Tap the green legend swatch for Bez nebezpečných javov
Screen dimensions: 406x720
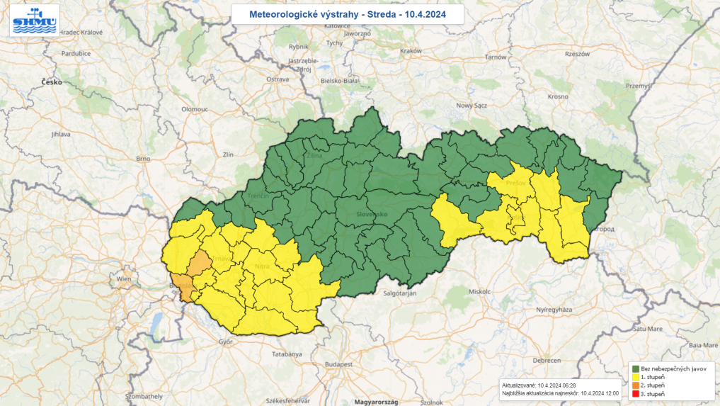click(635, 369)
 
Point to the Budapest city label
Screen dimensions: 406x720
click(339, 363)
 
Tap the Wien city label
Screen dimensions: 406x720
click(124, 279)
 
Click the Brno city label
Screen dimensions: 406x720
click(144, 159)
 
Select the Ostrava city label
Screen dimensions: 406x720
click(278, 79)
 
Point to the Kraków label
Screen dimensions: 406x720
click(411, 51)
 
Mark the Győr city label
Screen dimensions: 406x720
click(226, 342)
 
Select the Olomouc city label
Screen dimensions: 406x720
click(194, 110)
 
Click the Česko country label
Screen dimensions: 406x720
click(52, 82)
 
